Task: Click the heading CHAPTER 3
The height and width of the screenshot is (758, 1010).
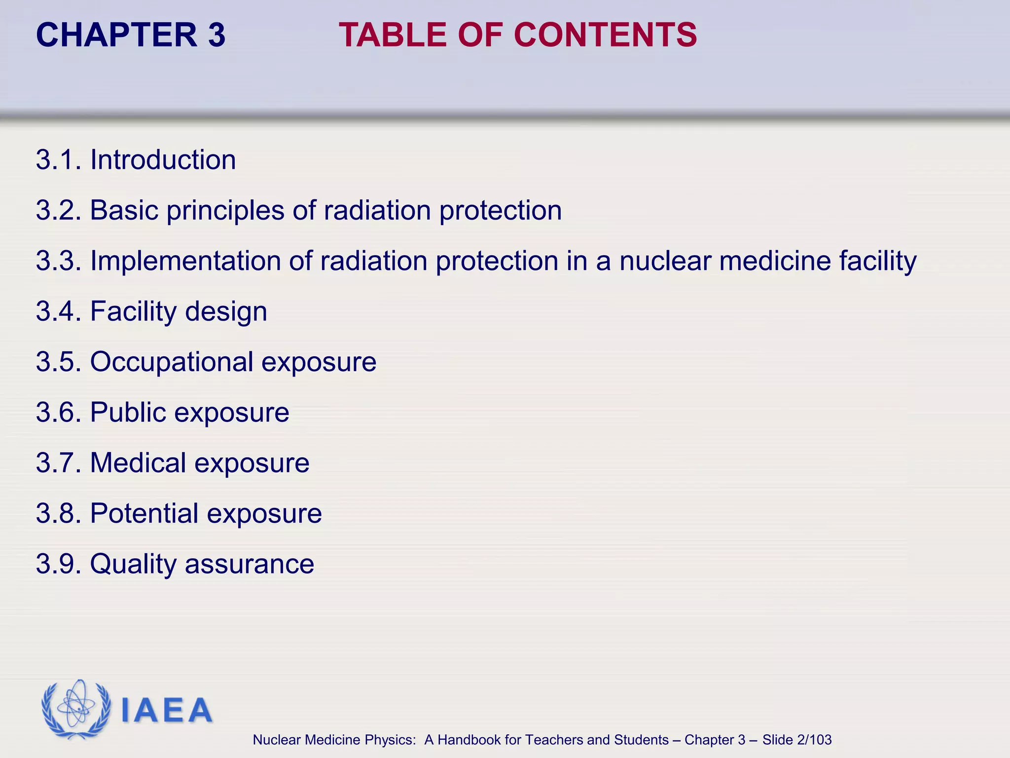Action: (131, 35)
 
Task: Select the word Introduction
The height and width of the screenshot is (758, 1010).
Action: (163, 160)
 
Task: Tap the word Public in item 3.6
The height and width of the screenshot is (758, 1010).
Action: (128, 413)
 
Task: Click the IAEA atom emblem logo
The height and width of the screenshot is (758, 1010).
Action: (76, 709)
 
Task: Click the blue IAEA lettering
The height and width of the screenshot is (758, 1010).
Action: (167, 710)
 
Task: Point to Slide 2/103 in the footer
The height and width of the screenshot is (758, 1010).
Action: (796, 740)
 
